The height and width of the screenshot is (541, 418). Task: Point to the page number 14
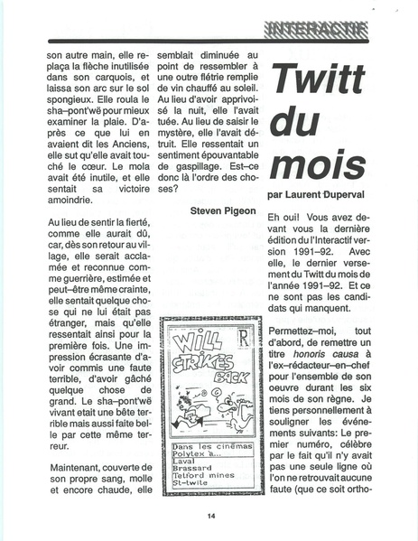coord(209,517)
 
